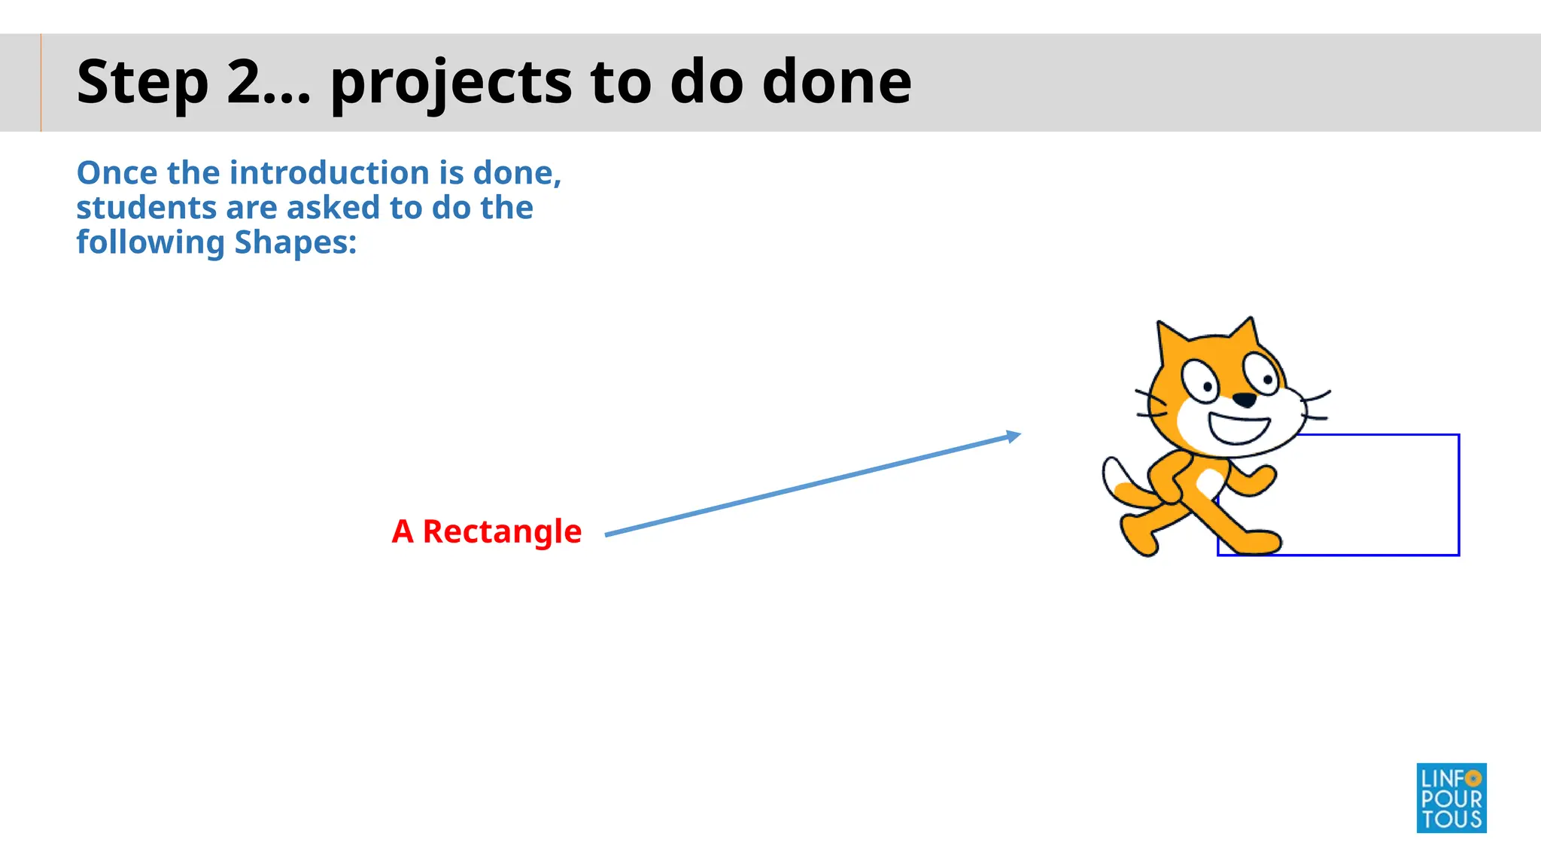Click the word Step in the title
142,83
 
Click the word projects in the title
451,83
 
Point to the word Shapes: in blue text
295,242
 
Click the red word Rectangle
502,531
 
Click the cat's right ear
1245,334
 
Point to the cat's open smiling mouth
1239,429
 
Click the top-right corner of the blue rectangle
1458,435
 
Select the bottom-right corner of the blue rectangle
1458,555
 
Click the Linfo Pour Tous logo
1451,798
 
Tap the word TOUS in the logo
1451,820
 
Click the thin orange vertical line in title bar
41,83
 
